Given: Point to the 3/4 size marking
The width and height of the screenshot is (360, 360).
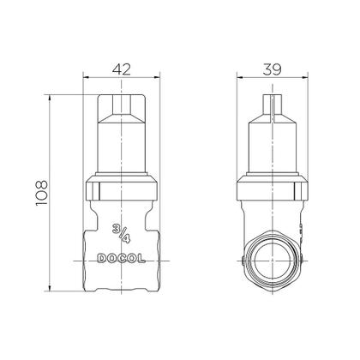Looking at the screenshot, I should (121, 232).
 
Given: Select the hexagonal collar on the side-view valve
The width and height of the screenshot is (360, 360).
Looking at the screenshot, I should (273, 187).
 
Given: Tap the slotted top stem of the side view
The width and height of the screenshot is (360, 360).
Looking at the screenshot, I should (273, 107).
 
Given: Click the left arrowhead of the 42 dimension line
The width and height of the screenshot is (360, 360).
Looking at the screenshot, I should (87, 77).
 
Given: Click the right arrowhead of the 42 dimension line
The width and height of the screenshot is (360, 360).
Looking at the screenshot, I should (159, 77).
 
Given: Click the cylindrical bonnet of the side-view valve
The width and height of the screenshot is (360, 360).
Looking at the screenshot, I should (273, 150).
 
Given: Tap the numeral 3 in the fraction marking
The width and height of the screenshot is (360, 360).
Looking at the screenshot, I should (117, 227).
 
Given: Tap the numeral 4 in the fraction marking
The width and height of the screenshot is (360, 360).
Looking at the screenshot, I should (126, 237).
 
